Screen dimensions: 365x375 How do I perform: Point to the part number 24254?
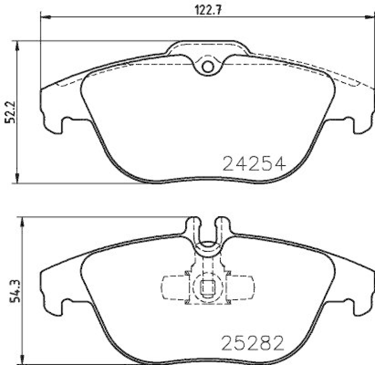tap(254, 164)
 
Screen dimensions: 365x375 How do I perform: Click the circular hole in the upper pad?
tap(207, 67)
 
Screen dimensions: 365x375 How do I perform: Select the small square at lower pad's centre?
tap(207, 287)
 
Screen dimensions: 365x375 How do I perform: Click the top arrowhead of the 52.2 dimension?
tap(18, 45)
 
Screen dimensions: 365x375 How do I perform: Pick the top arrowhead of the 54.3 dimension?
tap(20, 221)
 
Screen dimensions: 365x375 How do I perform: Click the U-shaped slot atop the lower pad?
tap(207, 230)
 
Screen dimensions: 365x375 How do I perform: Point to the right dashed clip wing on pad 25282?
tap(240, 287)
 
